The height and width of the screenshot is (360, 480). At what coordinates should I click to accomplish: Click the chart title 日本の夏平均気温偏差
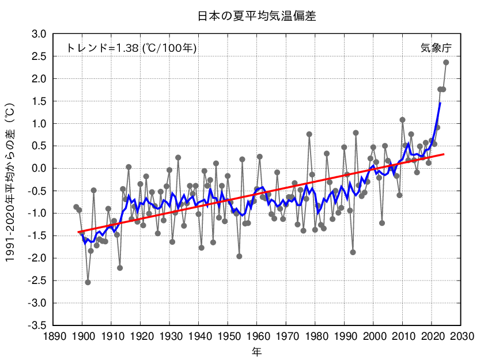pos(257,16)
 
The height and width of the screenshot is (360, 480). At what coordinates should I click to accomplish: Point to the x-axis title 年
pos(257,350)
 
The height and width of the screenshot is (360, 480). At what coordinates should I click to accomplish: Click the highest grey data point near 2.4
pos(446,62)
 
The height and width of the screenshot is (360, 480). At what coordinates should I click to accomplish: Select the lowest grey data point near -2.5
pos(88,282)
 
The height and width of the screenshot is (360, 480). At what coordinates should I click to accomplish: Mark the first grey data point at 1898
pos(76,207)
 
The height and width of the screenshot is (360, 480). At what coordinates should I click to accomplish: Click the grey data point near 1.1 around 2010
pos(402,120)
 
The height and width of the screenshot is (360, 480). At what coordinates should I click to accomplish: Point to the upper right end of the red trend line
pos(444,154)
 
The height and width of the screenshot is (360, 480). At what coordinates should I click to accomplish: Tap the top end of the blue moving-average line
pos(440,103)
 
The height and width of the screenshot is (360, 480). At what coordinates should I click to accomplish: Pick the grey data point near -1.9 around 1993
pos(353,252)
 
